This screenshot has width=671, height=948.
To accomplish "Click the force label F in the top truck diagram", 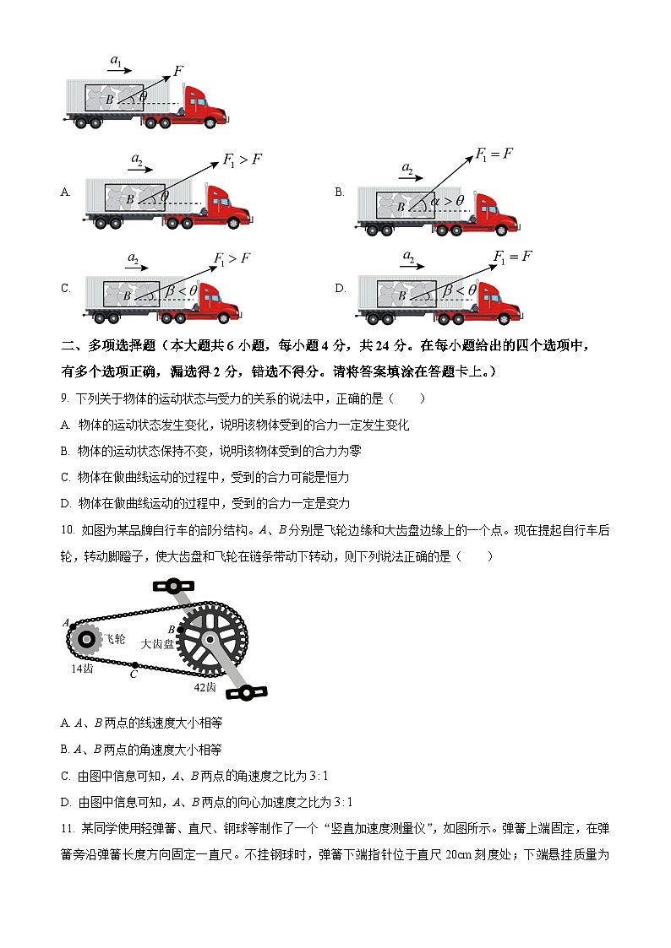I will point(178,70).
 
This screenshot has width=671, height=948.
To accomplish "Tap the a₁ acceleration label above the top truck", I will point(117,60).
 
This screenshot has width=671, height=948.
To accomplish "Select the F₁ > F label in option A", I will point(242,159).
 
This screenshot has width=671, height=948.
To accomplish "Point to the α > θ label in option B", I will point(448,201).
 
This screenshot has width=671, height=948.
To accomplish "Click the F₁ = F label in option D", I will point(512,257).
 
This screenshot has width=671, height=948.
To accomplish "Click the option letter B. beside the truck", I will point(340,192).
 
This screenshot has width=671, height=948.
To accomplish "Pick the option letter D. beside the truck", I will point(340,288).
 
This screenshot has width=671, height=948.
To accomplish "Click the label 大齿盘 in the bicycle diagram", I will point(158,643).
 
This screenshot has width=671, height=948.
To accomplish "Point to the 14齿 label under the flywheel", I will point(81,668).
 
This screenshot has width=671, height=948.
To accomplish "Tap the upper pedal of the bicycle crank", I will point(172,585).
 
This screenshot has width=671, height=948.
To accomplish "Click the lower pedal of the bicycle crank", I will point(247,692).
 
